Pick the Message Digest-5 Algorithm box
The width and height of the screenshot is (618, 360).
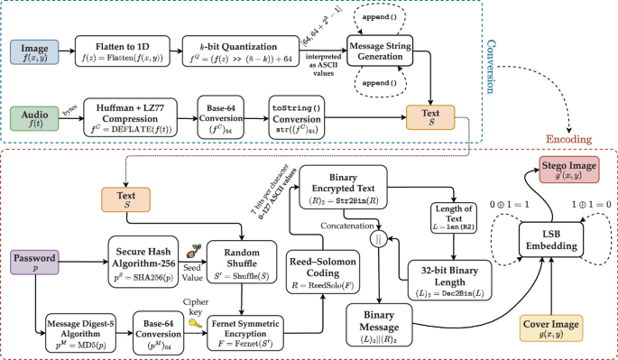(x=76, y=326)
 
